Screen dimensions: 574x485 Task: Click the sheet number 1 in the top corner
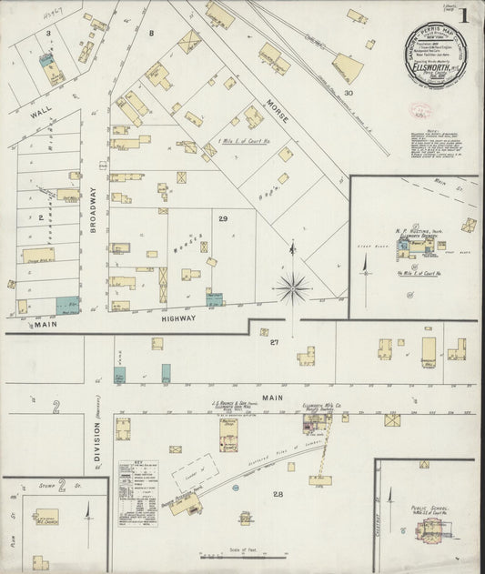[465, 15]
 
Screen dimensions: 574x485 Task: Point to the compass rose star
[294, 289]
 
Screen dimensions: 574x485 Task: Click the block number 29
[223, 218]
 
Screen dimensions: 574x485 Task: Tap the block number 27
[273, 343]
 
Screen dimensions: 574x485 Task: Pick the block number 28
[278, 494]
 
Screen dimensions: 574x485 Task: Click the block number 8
[151, 33]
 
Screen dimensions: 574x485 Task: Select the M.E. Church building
[46, 518]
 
